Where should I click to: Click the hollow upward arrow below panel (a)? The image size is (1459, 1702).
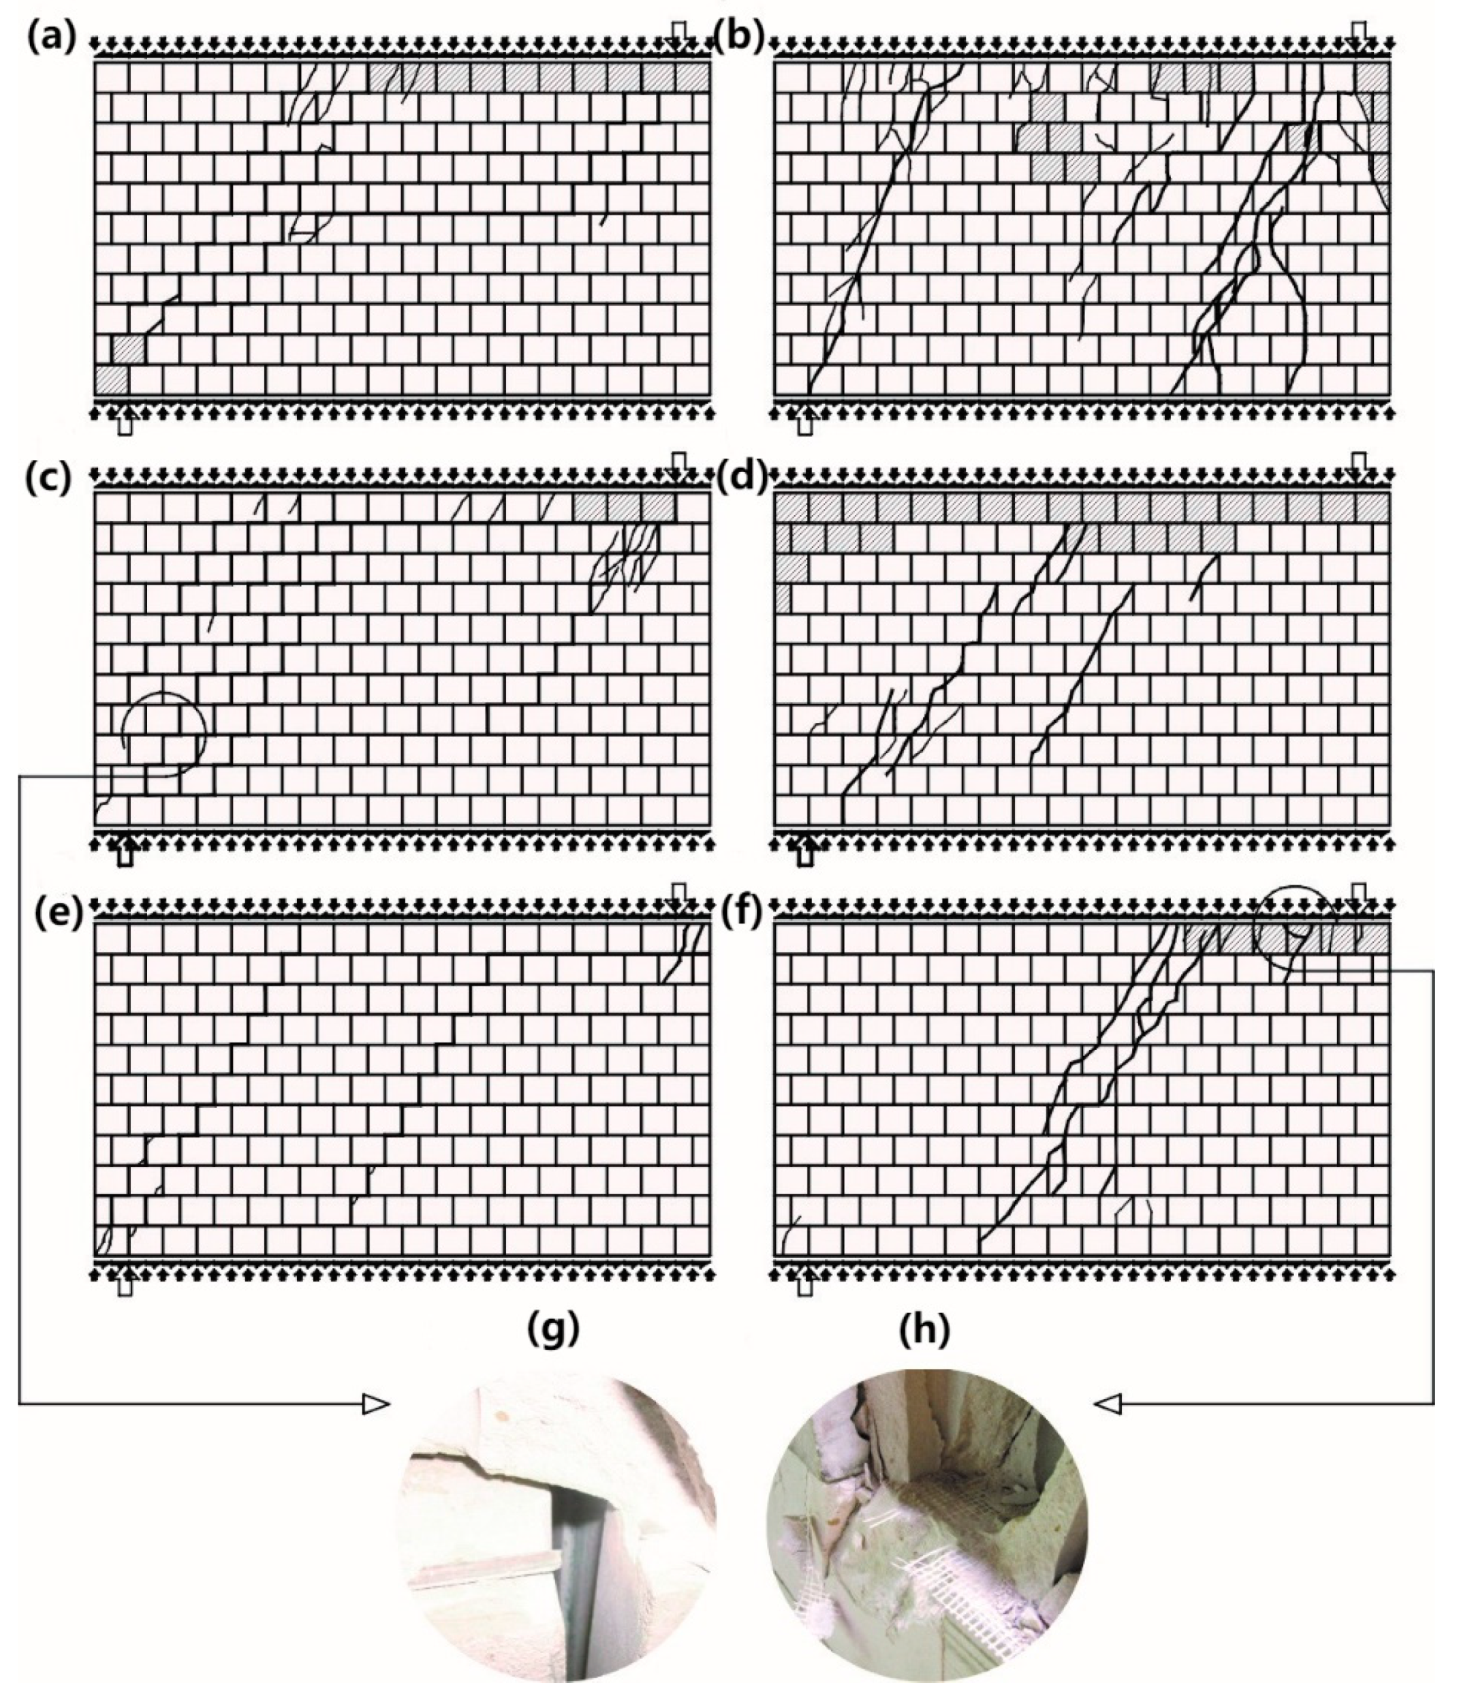click(125, 424)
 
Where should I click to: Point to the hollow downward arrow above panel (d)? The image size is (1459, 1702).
click(1359, 464)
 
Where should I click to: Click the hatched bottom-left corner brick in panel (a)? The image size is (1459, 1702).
click(111, 380)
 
